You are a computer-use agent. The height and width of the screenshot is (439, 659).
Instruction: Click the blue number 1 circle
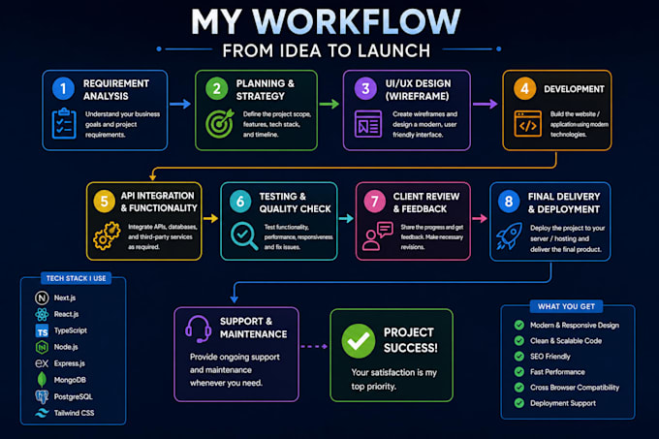pos(63,88)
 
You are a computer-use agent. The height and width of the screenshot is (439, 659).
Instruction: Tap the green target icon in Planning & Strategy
pos(219,123)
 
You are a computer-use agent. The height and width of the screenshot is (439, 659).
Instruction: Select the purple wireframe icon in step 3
pos(368,124)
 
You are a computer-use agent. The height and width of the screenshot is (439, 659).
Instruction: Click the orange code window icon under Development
pos(527,124)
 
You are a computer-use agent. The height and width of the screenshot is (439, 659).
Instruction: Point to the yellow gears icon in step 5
pos(107,236)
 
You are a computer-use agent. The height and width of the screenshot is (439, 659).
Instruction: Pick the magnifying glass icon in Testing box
pos(244,236)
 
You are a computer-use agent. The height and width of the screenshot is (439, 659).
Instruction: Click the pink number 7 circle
pos(374,202)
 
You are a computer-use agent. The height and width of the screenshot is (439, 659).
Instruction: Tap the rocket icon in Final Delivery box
pos(509,236)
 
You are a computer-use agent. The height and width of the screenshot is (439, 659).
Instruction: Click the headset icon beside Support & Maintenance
pos(198,329)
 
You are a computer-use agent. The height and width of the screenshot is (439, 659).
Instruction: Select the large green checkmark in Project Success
pos(358,341)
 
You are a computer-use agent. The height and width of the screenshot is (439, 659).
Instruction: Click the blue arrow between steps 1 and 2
pos(180,104)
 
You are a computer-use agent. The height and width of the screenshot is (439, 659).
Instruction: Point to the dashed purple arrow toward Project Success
pos(314,347)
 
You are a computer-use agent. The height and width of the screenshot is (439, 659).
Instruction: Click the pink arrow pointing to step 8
pos(480,218)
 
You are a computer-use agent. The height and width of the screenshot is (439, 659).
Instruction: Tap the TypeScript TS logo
pos(42,331)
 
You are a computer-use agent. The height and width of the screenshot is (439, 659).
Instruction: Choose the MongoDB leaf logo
pos(42,380)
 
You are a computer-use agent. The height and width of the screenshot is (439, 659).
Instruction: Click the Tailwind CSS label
pos(74,413)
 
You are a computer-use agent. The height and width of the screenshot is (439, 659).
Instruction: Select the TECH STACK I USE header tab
pos(76,278)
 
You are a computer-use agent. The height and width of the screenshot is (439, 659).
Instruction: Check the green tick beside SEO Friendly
pos(519,357)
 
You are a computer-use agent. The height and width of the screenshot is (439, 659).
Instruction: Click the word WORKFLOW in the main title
pos(357,21)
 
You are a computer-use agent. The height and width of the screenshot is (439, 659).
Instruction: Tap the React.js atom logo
pos(42,314)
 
